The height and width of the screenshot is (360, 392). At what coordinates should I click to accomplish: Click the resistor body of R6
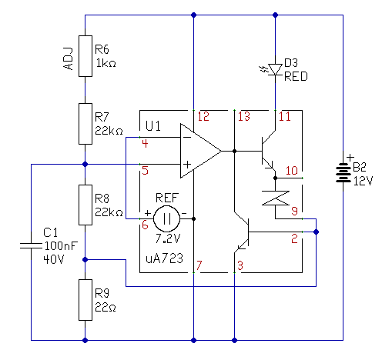[x=85, y=56]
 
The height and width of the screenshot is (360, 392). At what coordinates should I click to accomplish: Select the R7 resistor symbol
[x=85, y=124]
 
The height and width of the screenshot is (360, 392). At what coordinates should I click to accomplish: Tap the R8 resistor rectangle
[x=85, y=205]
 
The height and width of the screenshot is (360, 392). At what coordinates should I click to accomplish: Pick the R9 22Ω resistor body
[x=85, y=300]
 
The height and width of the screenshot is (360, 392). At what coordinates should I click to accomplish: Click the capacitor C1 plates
[x=31, y=246]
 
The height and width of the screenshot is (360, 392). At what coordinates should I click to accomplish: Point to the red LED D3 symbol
[x=275, y=69]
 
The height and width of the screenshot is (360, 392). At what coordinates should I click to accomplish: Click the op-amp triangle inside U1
[x=201, y=151]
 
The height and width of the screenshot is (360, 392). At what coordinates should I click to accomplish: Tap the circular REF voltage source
[x=167, y=218]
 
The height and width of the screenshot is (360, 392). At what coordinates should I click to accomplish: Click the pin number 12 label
[x=203, y=117]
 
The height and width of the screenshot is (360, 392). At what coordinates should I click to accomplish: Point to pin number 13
[x=244, y=117]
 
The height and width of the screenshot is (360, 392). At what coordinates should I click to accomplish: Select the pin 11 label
[x=285, y=117]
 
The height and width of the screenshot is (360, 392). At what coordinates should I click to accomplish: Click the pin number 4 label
[x=145, y=144]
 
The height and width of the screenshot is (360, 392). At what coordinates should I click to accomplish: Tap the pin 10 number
[x=292, y=171]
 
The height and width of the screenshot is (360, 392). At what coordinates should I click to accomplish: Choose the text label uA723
[x=164, y=258]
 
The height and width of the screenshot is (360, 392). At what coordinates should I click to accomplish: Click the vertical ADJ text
[x=69, y=58]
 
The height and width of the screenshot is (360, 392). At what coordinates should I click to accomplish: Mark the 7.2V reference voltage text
[x=168, y=238]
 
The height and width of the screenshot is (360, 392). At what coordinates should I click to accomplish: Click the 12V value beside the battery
[x=363, y=181]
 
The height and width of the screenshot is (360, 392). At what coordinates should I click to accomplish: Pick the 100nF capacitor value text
[x=61, y=246]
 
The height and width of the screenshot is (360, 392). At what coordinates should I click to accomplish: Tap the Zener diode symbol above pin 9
[x=276, y=198]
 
